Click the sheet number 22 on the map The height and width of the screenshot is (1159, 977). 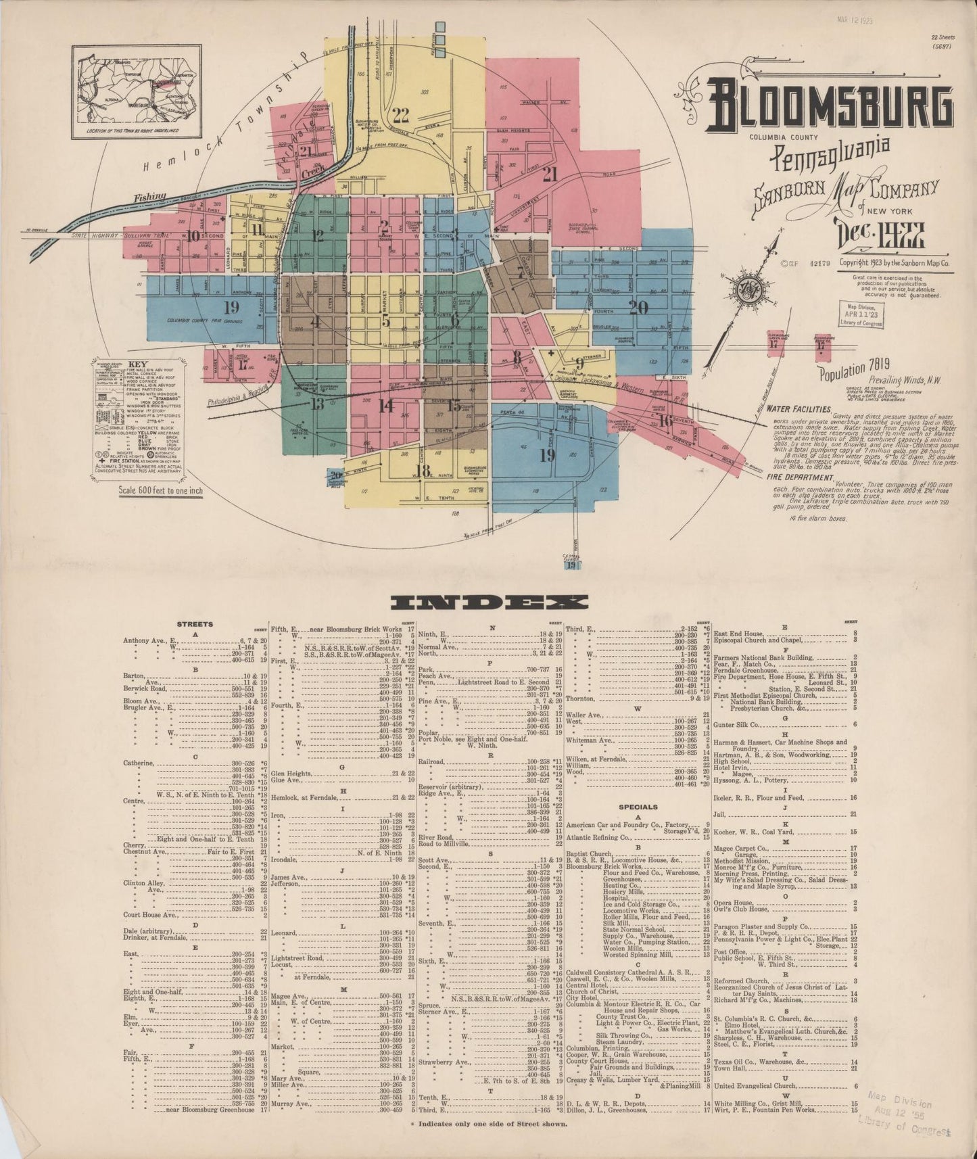point(401,114)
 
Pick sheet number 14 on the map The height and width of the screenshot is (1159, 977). point(385,406)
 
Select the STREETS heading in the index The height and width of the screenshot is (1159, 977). point(195,624)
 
